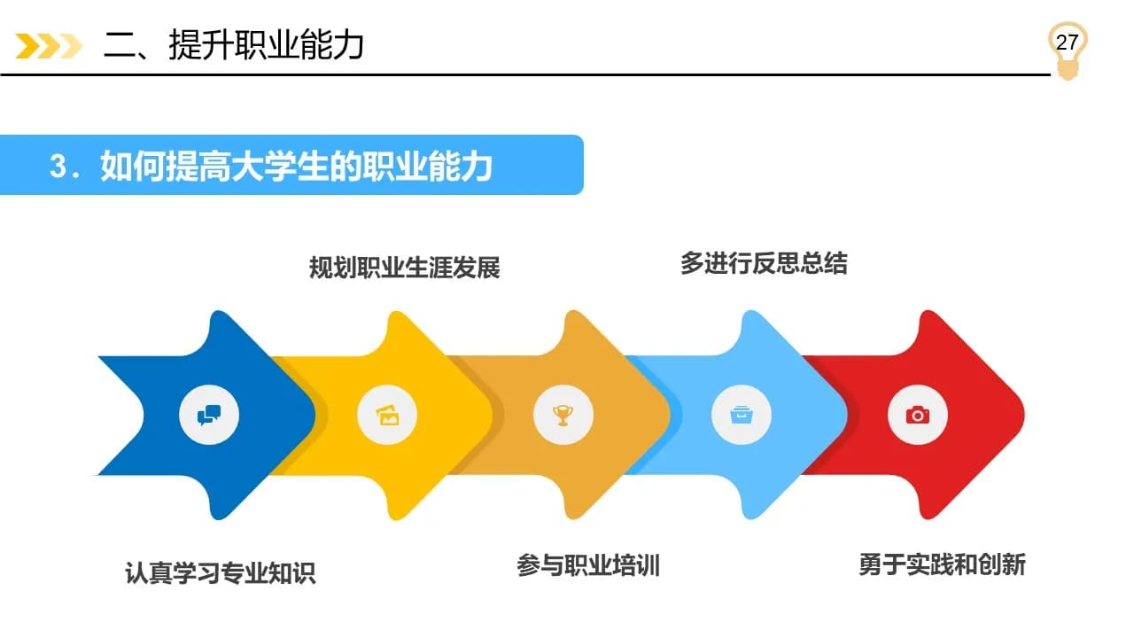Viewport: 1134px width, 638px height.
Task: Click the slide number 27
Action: click(1067, 43)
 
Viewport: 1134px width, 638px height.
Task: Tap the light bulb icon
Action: click(1068, 51)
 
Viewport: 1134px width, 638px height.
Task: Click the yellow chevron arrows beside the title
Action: click(49, 46)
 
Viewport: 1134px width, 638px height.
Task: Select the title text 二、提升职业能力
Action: click(234, 45)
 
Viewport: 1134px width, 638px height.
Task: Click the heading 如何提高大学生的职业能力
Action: click(296, 166)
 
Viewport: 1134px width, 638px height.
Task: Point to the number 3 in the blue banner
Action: click(58, 166)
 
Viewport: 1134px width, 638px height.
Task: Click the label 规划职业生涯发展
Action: click(405, 268)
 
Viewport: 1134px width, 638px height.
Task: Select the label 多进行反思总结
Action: click(764, 263)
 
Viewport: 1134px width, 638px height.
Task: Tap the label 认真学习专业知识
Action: click(221, 573)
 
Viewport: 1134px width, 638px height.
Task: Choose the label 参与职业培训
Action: click(588, 565)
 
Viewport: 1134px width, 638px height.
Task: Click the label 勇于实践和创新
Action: click(942, 564)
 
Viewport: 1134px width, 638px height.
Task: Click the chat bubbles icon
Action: click(209, 416)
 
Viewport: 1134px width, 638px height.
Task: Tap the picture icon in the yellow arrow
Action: click(387, 416)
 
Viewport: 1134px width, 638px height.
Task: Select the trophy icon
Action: click(563, 416)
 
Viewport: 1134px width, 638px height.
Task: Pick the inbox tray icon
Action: click(742, 416)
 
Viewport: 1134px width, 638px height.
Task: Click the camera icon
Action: click(918, 416)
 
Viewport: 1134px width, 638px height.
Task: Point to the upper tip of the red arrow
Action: click(928, 310)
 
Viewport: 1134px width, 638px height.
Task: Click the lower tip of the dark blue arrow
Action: click(218, 519)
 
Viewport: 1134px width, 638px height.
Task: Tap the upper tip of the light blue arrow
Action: click(750, 310)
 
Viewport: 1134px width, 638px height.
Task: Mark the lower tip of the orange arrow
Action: click(573, 519)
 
